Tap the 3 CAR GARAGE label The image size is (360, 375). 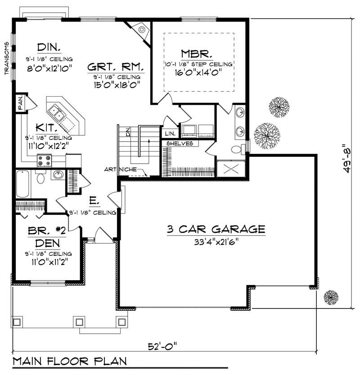tap(216, 229)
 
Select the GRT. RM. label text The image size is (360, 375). tap(115, 67)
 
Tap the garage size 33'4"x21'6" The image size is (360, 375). tap(215, 241)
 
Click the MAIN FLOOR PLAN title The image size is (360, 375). tap(69, 361)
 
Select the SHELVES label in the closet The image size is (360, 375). tap(180, 143)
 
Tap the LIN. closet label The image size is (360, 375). tap(170, 134)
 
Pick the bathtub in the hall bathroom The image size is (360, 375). tap(23, 183)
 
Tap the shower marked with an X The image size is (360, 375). tap(231, 168)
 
